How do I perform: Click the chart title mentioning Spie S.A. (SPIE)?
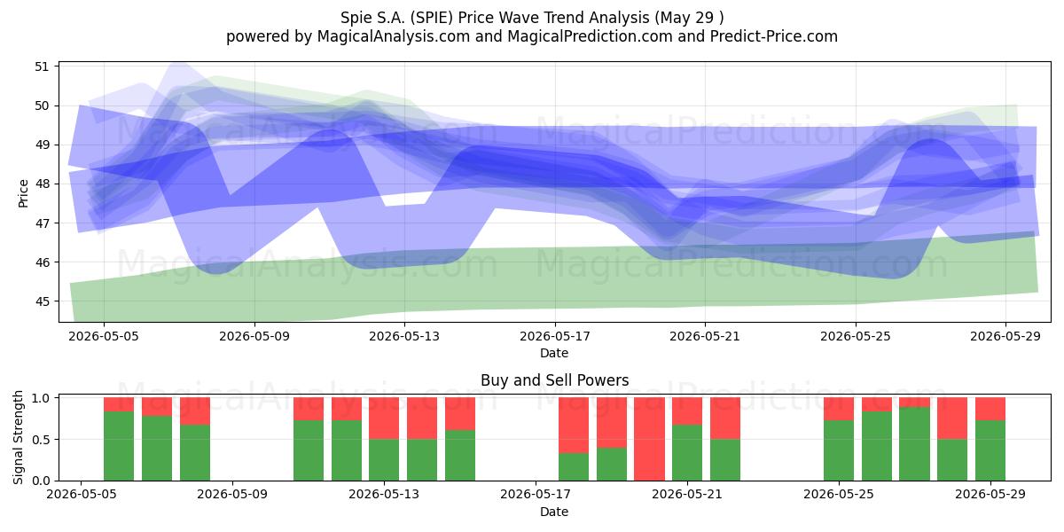click(x=532, y=18)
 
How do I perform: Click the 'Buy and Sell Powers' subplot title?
click(x=554, y=380)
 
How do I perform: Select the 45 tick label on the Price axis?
click(x=42, y=301)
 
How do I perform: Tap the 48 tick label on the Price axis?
click(x=42, y=184)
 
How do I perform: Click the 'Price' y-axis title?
click(x=23, y=193)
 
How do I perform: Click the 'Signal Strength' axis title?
click(x=18, y=437)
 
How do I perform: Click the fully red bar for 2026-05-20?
click(x=649, y=439)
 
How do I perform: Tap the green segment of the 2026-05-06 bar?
click(x=119, y=446)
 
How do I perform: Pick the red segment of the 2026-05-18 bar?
click(x=574, y=425)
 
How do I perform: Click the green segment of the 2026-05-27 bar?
click(x=914, y=443)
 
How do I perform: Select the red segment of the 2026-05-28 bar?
click(x=952, y=418)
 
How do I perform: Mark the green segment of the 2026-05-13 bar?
click(x=384, y=460)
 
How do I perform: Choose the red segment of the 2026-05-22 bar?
click(x=725, y=418)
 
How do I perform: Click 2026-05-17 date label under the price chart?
click(x=555, y=336)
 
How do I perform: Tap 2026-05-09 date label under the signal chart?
click(x=232, y=495)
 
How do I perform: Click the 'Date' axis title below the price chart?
click(x=554, y=353)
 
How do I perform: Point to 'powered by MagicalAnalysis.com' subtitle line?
click(x=532, y=36)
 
